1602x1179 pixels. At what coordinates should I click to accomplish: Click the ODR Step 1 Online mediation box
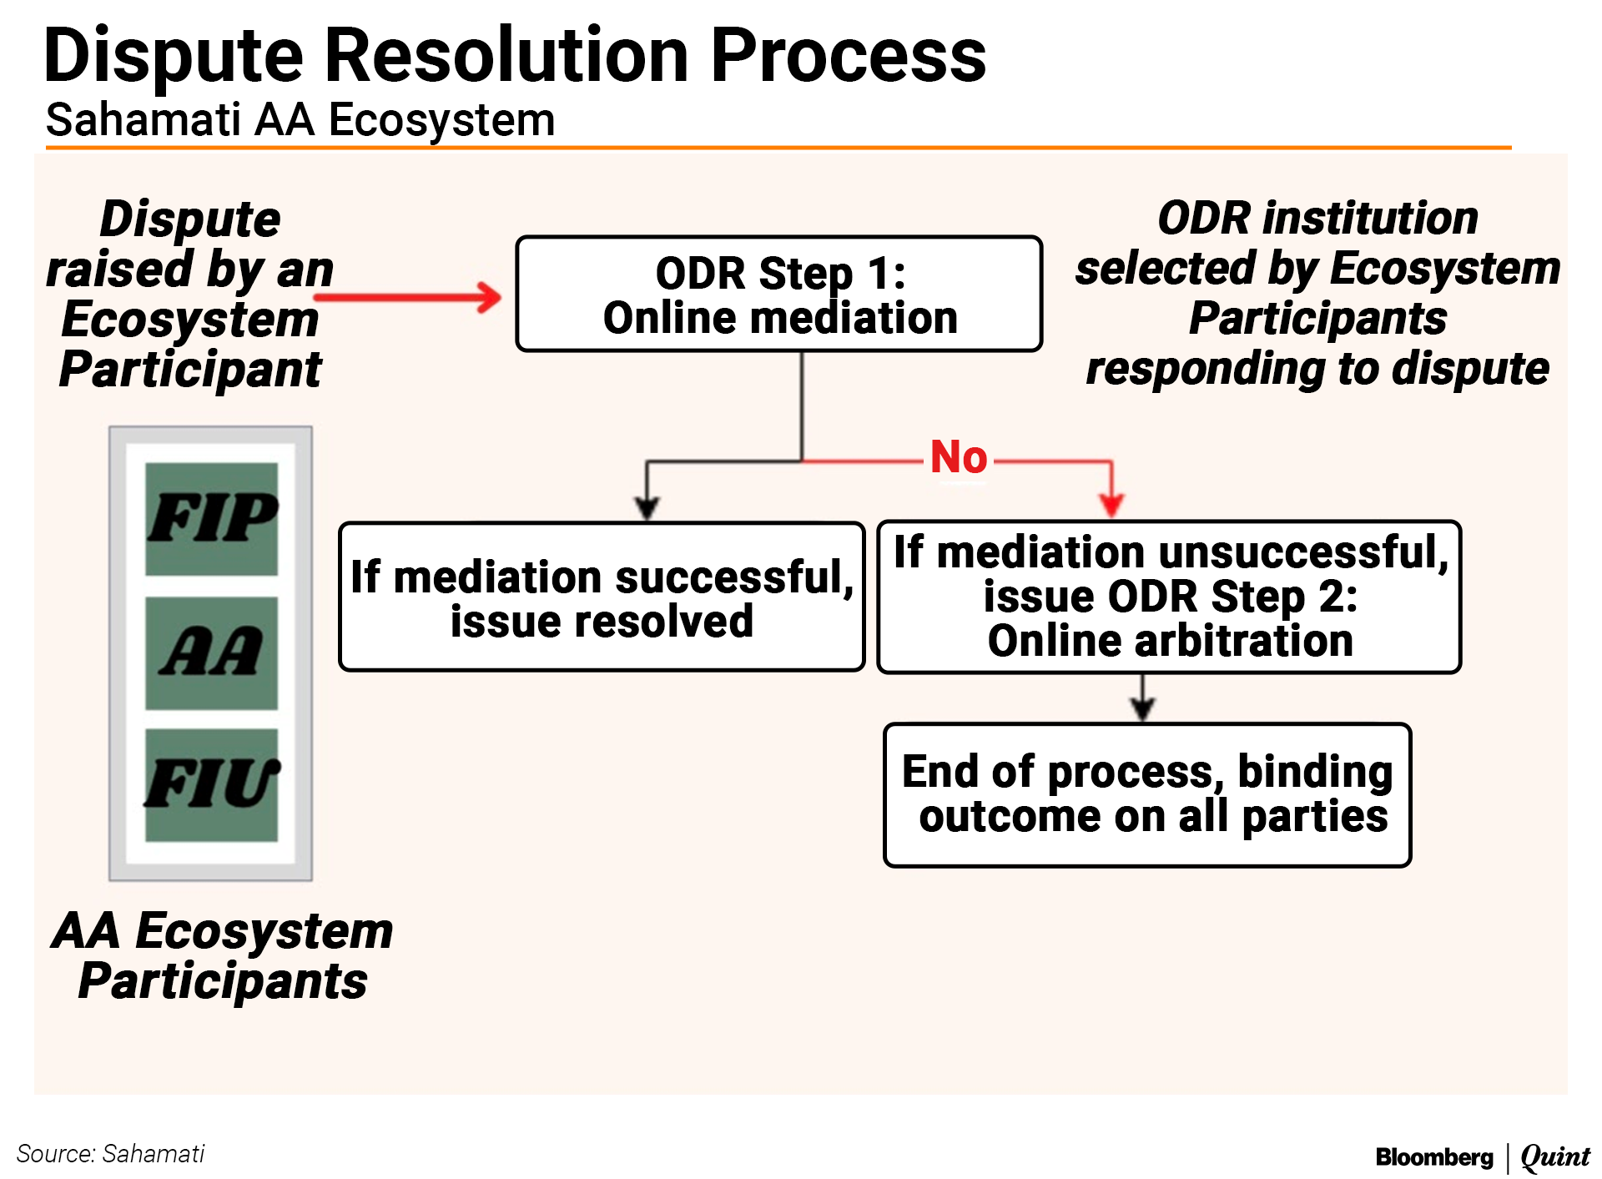click(x=778, y=294)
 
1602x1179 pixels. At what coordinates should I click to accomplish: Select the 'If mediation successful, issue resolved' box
click(x=602, y=597)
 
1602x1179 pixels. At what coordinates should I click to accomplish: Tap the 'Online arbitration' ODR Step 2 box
click(x=1169, y=597)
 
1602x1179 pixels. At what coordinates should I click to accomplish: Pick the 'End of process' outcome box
click(x=1147, y=795)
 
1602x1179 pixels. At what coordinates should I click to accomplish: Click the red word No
click(x=959, y=457)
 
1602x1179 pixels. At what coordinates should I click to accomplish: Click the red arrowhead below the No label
click(x=1111, y=503)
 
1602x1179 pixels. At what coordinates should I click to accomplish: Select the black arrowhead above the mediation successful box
click(x=647, y=506)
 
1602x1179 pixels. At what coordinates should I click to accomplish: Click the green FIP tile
click(x=212, y=518)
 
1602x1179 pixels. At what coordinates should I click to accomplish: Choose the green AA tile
click(x=212, y=652)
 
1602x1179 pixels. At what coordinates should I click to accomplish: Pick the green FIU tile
click(x=212, y=784)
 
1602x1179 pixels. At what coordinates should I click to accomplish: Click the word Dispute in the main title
click(x=174, y=57)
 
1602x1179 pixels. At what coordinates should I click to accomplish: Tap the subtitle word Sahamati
click(x=143, y=120)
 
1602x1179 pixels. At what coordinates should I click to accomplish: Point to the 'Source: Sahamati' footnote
click(x=110, y=1154)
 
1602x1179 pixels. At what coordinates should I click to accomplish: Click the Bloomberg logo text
click(x=1434, y=1157)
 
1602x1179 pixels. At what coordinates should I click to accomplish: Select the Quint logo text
click(x=1554, y=1156)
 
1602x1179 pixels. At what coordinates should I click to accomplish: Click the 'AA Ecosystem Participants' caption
click(x=223, y=955)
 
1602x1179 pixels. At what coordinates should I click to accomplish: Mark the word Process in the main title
click(x=848, y=57)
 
